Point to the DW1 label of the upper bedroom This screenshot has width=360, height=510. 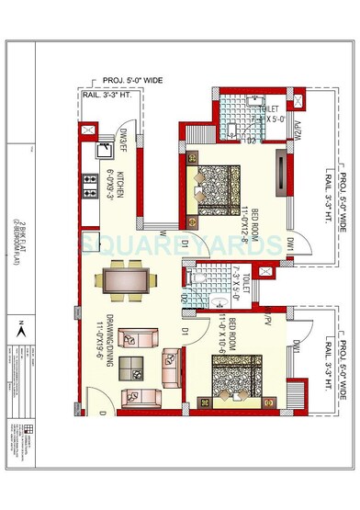(x=287, y=245)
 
